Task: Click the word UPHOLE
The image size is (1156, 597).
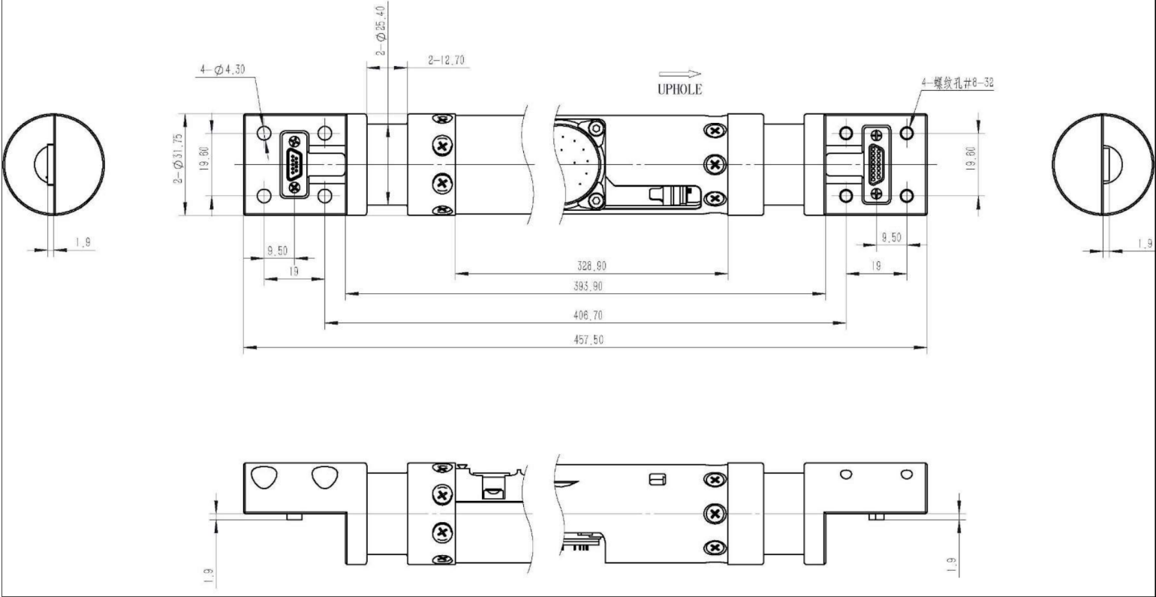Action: tap(679, 89)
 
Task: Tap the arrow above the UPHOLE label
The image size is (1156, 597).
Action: tap(679, 73)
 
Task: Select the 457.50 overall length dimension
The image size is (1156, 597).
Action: tap(589, 340)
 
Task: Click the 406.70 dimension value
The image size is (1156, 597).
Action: tap(588, 315)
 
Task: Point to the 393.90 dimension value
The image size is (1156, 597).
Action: tap(588, 286)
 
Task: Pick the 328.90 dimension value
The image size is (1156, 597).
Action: tap(592, 266)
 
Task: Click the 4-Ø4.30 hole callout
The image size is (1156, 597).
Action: tap(222, 70)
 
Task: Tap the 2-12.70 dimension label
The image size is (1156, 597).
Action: tap(446, 60)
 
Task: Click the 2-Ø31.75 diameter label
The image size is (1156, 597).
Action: tap(178, 159)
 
